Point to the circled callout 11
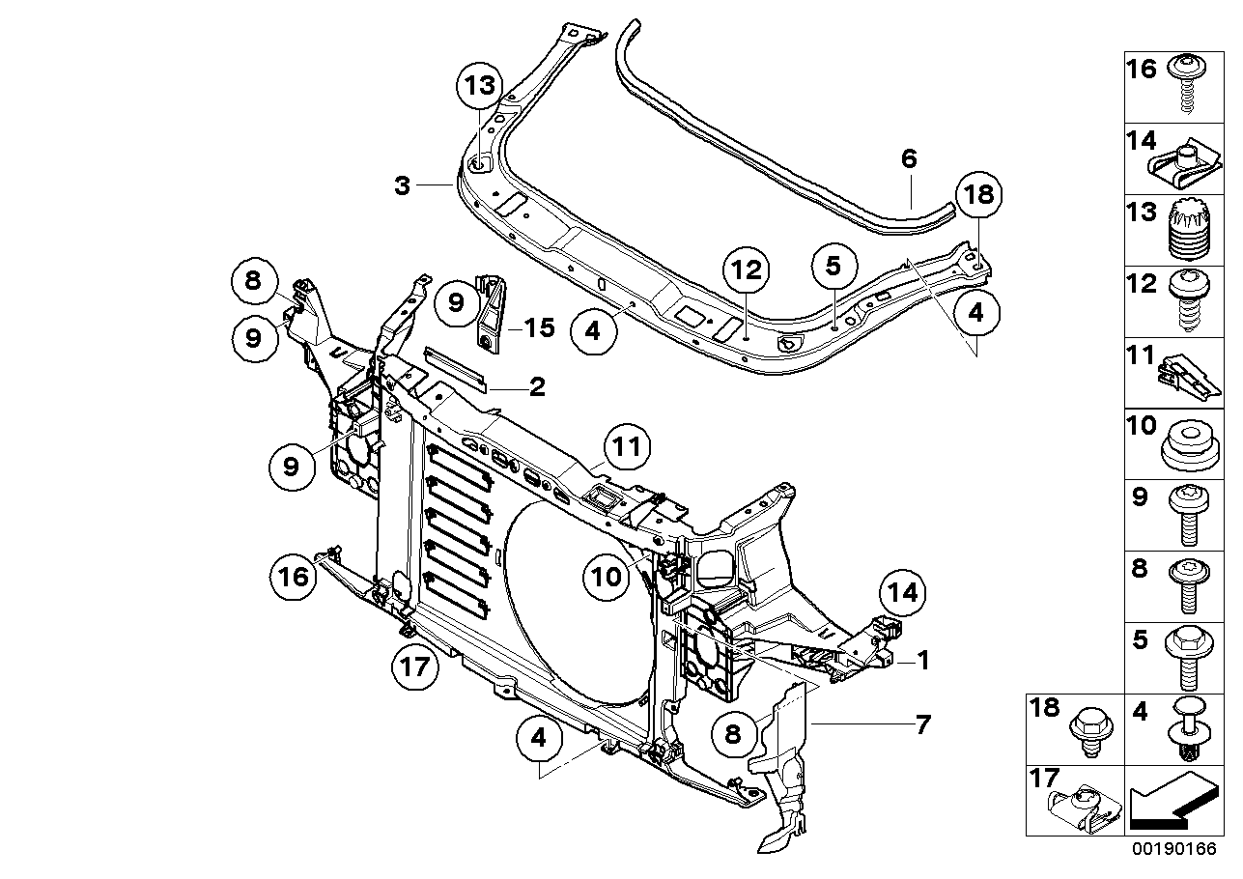628,448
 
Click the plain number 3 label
403,185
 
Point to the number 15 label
539,328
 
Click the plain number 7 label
922,723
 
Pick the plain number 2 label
537,387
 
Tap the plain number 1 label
922,662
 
